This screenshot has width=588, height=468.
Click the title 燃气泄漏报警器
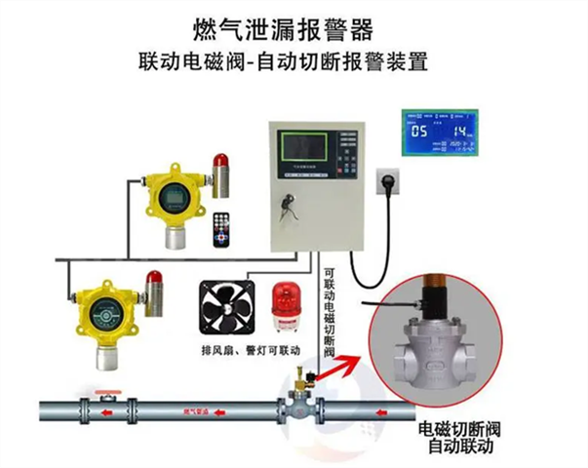tap(292, 22)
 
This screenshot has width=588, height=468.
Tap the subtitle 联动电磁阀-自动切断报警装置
tap(292, 58)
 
